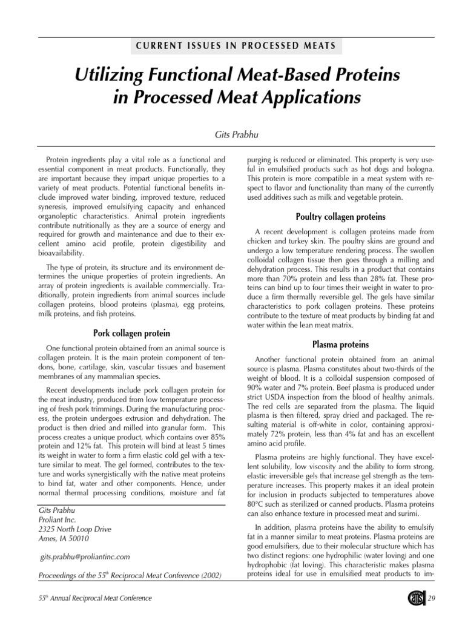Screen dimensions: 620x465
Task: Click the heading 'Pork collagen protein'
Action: (131, 333)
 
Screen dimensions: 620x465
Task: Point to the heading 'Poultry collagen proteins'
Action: (340, 216)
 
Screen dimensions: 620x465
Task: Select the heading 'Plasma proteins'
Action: (340, 345)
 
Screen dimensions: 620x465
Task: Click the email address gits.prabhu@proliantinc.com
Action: (84, 556)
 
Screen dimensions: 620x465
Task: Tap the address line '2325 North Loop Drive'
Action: (74, 529)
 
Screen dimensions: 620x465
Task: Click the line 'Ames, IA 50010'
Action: (63, 538)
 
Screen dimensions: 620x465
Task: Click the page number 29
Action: (432, 599)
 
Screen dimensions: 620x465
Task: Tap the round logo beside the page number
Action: (416, 598)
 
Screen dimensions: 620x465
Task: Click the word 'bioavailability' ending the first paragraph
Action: (62, 252)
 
